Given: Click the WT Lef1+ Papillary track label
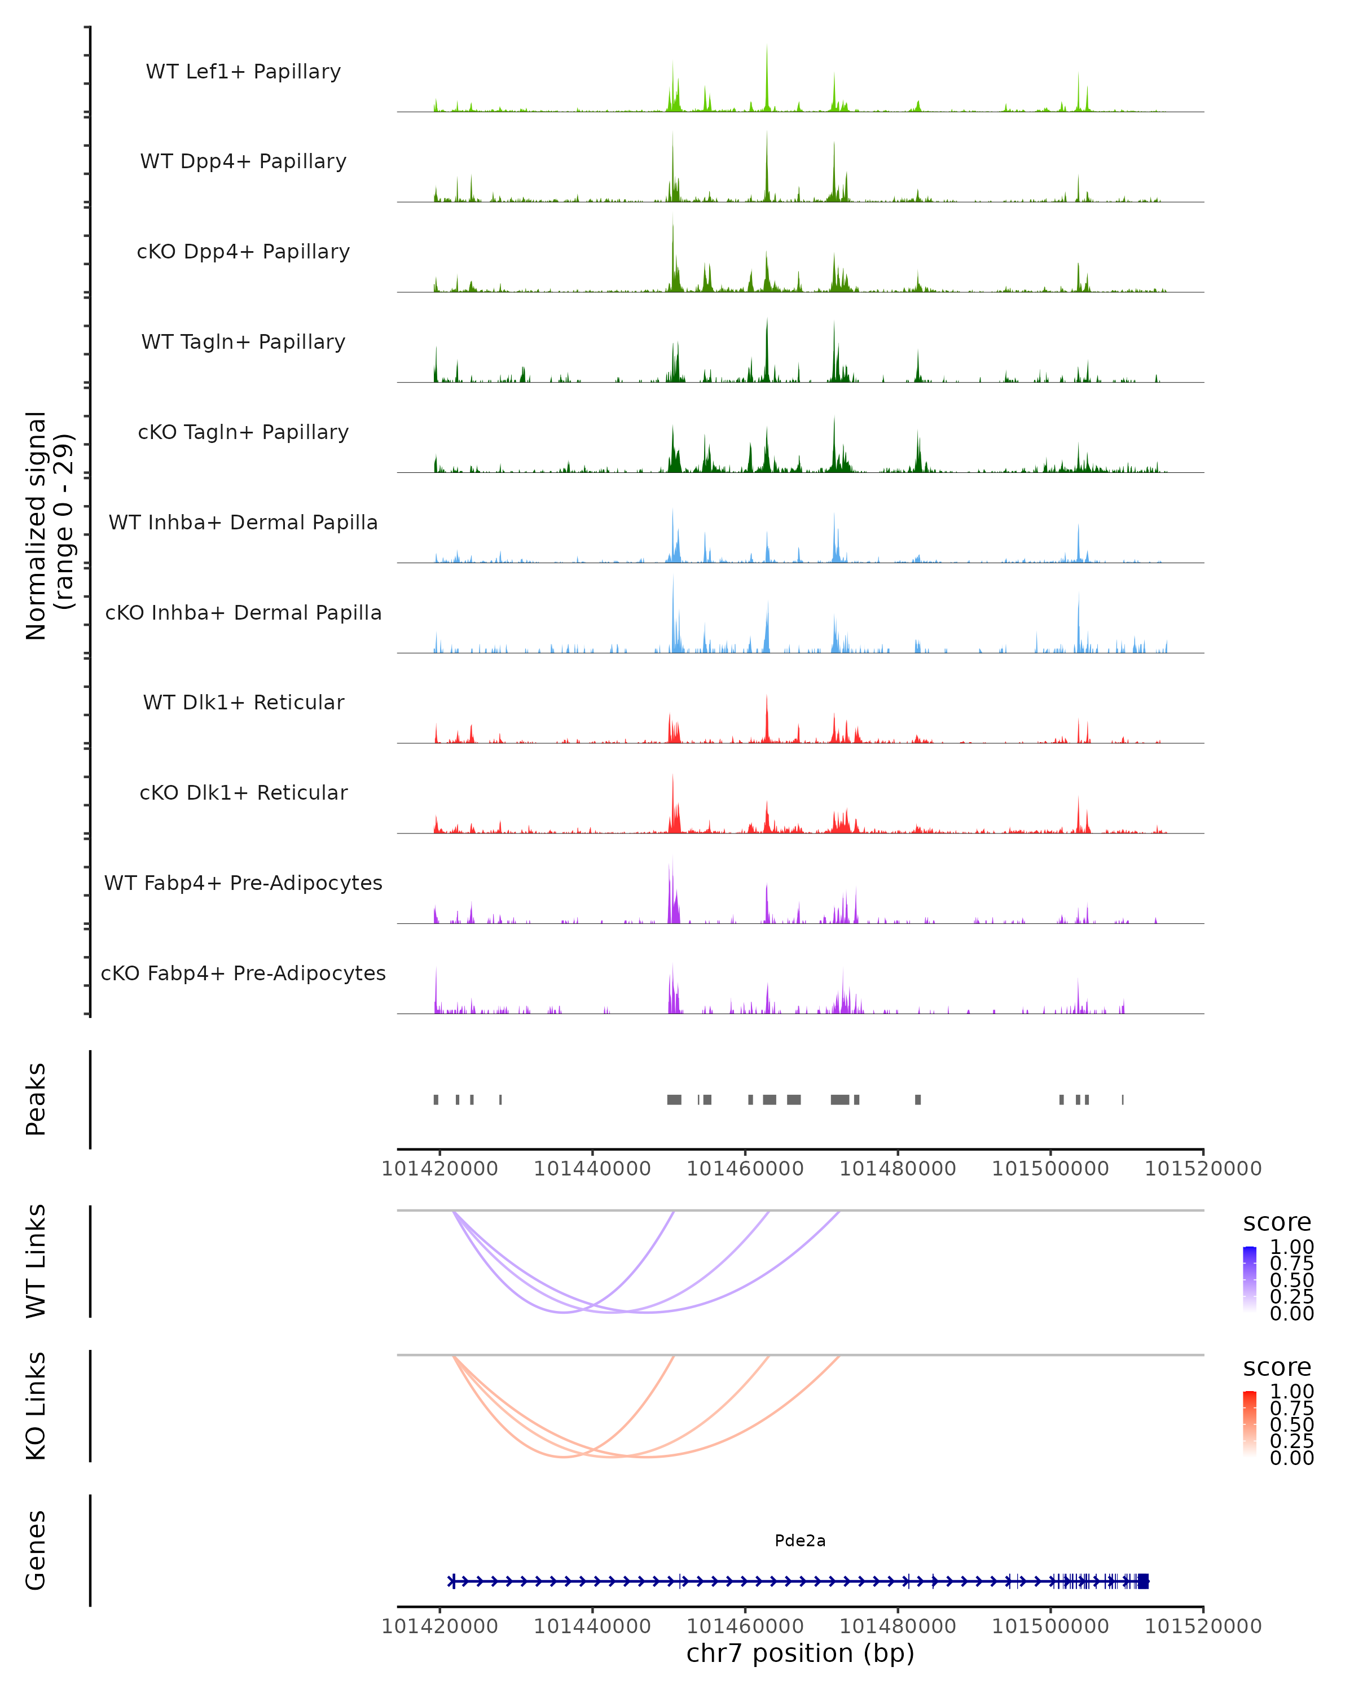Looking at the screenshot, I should click(x=243, y=72).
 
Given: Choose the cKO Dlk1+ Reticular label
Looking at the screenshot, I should click(x=243, y=792).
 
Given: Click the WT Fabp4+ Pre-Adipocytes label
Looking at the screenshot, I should click(x=243, y=883).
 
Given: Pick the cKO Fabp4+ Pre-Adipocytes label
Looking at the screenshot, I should click(x=243, y=973).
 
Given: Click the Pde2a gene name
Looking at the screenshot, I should click(x=800, y=1541).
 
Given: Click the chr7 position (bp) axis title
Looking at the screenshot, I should click(x=800, y=1653).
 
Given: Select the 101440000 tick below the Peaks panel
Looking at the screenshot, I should click(x=592, y=1169).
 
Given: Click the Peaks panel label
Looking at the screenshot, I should click(x=36, y=1099).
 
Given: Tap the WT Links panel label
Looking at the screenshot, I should click(x=36, y=1261).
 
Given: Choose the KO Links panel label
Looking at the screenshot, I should click(x=36, y=1406).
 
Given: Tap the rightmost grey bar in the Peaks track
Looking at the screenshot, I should click(x=1123, y=1099).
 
